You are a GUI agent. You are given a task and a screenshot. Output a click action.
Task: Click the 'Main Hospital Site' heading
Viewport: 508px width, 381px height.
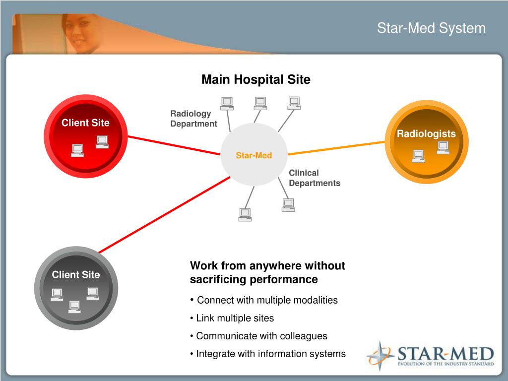(x=255, y=80)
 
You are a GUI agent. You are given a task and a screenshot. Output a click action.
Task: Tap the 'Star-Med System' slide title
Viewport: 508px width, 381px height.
(x=431, y=28)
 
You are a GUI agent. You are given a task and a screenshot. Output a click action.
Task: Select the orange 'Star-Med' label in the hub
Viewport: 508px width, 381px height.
(x=254, y=156)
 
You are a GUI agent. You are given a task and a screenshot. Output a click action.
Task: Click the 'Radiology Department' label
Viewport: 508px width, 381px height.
(x=193, y=119)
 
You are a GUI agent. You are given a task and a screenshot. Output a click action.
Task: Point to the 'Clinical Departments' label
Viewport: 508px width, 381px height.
(x=315, y=178)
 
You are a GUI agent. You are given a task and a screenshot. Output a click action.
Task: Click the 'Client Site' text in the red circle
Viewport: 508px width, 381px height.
(x=85, y=123)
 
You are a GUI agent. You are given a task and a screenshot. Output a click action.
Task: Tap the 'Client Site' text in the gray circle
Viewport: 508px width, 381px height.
(x=76, y=275)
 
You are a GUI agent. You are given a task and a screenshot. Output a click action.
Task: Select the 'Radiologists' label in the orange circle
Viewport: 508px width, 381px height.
(x=426, y=134)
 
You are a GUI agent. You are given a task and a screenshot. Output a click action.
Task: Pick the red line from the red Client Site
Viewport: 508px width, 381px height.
(x=174, y=145)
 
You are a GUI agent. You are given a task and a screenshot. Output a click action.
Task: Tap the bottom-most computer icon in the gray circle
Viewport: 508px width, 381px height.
(x=74, y=307)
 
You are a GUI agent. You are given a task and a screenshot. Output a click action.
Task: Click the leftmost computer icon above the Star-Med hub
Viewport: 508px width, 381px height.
(x=227, y=103)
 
